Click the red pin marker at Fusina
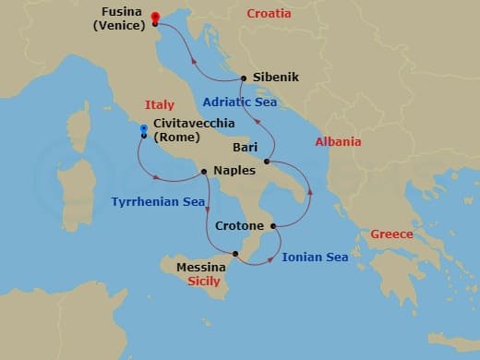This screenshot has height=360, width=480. coord(154,18)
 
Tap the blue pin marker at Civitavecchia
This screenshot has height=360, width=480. coord(144,129)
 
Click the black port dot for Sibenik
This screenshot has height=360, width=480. coord(243,78)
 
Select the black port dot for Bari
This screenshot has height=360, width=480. coord(266,162)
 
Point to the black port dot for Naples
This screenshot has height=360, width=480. coord(203,171)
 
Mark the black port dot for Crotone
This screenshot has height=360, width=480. coord(274,225)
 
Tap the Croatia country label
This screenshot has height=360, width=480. coord(269,14)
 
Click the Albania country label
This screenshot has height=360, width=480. coord(338,142)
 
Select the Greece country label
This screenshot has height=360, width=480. coord(391,234)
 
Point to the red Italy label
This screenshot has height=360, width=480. coord(160,104)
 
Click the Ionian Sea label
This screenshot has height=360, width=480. coord(315,257)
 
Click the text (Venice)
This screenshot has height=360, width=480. coord(119,28)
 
